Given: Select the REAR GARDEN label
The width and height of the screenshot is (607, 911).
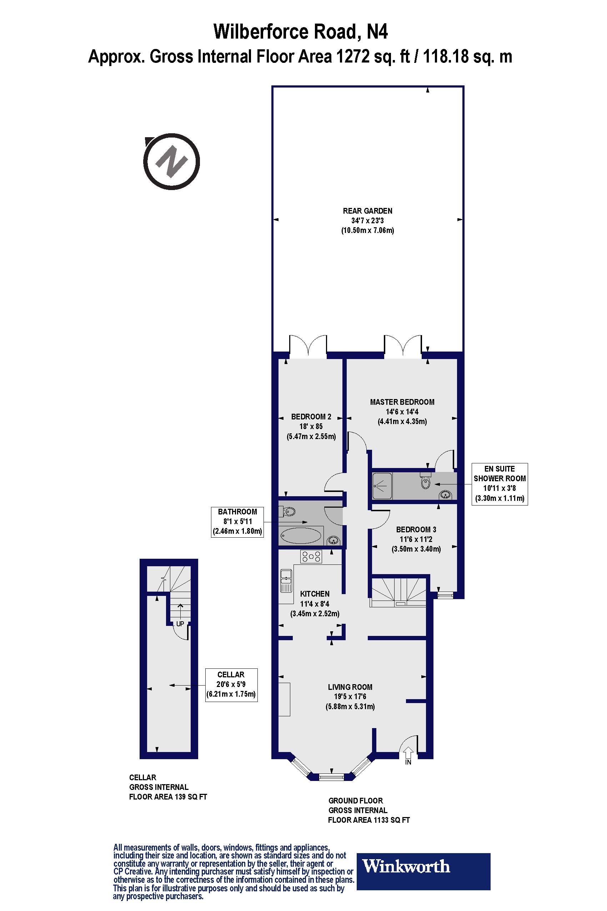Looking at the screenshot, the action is point(367,211).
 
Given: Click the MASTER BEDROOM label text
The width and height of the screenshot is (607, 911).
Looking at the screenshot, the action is point(402,402).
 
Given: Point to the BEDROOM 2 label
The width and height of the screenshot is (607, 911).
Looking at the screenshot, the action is point(311,417).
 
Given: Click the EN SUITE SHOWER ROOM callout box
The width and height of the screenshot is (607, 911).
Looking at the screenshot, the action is point(500,484).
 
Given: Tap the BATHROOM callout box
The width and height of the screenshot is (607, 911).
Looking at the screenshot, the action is point(237,522).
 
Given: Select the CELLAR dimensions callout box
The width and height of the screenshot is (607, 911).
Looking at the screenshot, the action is point(231,685).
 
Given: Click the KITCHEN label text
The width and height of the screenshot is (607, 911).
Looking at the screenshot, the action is point(315,594).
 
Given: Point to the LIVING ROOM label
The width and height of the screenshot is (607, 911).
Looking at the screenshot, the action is point(350,687).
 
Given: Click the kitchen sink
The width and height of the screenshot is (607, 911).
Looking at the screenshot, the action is point(286,581).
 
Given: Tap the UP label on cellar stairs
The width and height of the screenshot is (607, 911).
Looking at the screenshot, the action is point(180,624).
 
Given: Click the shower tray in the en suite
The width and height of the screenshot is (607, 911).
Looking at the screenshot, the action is point(382,486).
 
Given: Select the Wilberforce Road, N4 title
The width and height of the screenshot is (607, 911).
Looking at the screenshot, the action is point(300,31).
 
